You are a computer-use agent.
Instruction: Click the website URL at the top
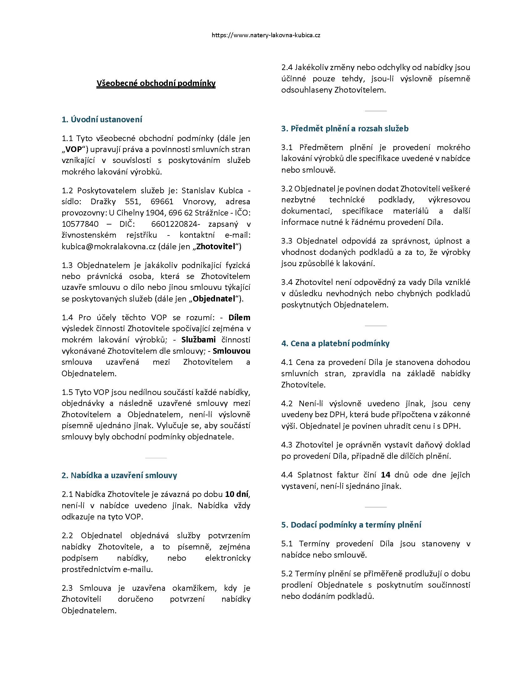pyautogui.click(x=266, y=35)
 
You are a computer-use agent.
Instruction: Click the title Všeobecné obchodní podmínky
pyautogui.click(x=156, y=83)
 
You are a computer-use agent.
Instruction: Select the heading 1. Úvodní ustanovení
pyautogui.click(x=102, y=119)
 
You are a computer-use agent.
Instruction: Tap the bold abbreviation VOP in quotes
pyautogui.click(x=74, y=149)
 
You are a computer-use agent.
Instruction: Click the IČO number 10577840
pyautogui.click(x=80, y=224)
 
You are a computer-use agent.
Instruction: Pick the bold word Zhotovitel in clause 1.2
pyautogui.click(x=216, y=247)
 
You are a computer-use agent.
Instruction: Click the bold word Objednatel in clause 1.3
pyautogui.click(x=214, y=299)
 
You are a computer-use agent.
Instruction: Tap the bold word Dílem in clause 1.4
pyautogui.click(x=239, y=317)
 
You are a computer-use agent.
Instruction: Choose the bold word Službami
pyautogui.click(x=198, y=340)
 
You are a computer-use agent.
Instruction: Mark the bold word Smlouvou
pyautogui.click(x=232, y=351)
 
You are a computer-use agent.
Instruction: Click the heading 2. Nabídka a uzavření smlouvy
pyautogui.click(x=119, y=475)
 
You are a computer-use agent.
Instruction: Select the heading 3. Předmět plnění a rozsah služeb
pyautogui.click(x=345, y=129)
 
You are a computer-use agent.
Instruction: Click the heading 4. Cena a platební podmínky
pyautogui.click(x=335, y=343)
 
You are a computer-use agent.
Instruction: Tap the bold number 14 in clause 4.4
pyautogui.click(x=386, y=475)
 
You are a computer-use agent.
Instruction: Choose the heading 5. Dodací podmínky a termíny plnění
pyautogui.click(x=351, y=525)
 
